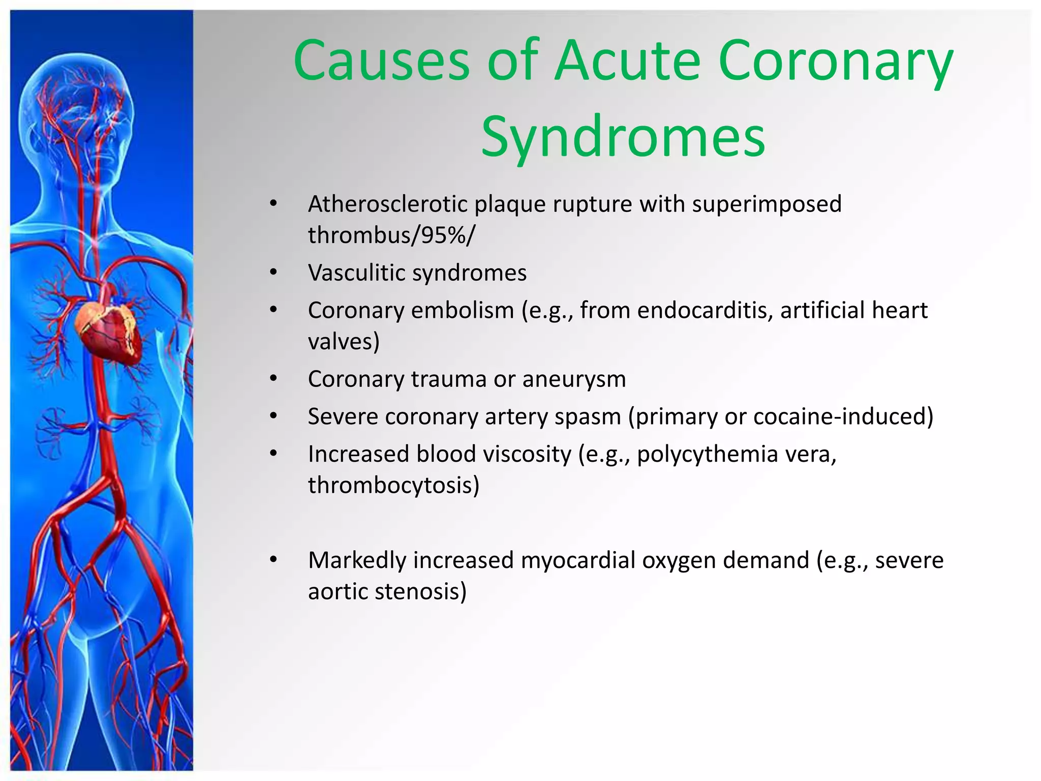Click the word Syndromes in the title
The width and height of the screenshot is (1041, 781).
(623, 136)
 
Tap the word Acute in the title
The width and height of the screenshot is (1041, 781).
(628, 61)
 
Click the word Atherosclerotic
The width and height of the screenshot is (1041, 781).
(387, 204)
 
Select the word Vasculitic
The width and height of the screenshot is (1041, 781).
(356, 273)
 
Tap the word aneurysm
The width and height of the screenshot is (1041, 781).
(574, 379)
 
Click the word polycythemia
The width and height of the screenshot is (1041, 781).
(707, 454)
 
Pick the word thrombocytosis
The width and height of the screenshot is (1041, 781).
(390, 485)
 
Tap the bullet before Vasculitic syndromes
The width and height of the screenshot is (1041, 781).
(273, 273)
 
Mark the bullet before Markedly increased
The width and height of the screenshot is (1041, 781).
(273, 560)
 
